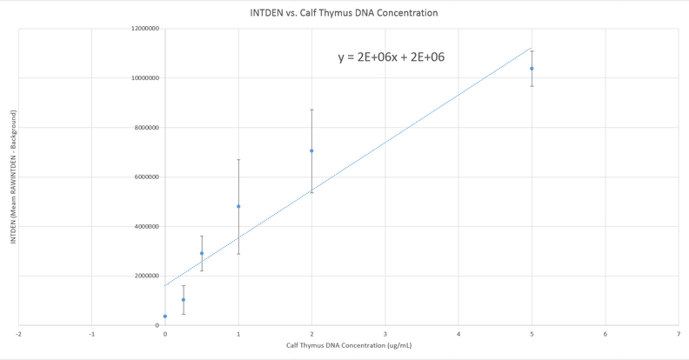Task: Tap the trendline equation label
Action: [392, 57]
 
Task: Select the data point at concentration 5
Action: [532, 69]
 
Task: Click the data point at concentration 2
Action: [311, 151]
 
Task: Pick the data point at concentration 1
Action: [238, 207]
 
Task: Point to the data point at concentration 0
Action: [165, 317]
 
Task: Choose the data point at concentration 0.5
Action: [202, 254]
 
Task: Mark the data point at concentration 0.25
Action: [184, 300]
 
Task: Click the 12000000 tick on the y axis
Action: [144, 29]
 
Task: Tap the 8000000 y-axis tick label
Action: [146, 128]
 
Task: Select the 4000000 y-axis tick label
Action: [146, 227]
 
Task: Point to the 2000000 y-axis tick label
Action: [146, 277]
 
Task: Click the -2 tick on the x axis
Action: [18, 333]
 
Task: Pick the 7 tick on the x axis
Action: [679, 333]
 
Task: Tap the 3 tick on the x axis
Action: [385, 333]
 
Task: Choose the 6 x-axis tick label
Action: [605, 333]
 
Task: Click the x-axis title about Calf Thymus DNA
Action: [349, 346]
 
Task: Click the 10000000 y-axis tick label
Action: [144, 78]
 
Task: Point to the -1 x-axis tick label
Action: [91, 333]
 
